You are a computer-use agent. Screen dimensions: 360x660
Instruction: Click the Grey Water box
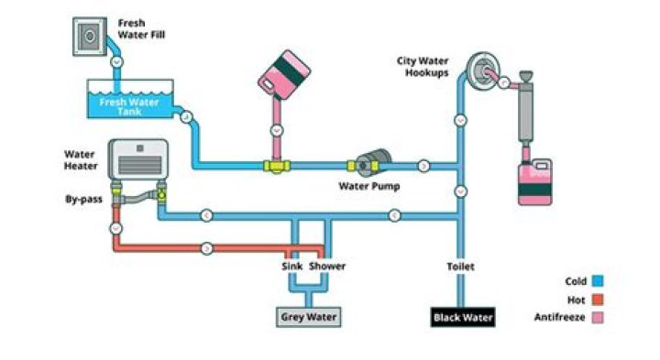point(310,318)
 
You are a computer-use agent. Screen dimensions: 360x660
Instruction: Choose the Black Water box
point(463,318)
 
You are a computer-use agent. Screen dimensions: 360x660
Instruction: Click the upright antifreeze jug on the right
point(534,180)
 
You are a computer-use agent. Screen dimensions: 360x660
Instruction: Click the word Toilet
point(460,267)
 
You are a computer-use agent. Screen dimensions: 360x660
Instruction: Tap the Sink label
point(291,267)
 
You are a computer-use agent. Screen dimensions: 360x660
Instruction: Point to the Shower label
point(327,267)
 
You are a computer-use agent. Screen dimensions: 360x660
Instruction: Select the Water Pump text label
point(368,186)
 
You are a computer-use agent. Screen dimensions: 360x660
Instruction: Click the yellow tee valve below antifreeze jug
point(275,166)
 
